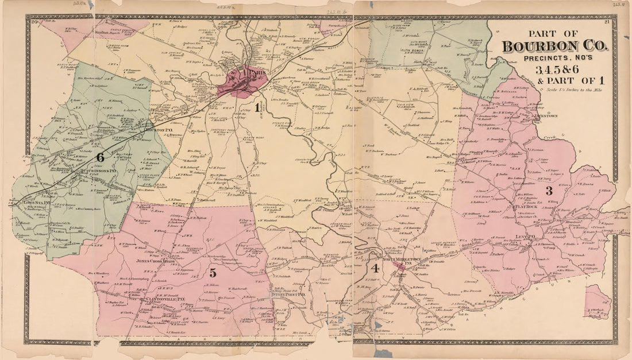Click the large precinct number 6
[x=100, y=156]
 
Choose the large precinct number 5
[x=213, y=273]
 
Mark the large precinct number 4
[x=375, y=268]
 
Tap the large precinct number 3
[x=549, y=190]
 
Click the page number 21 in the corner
[x=607, y=22]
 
